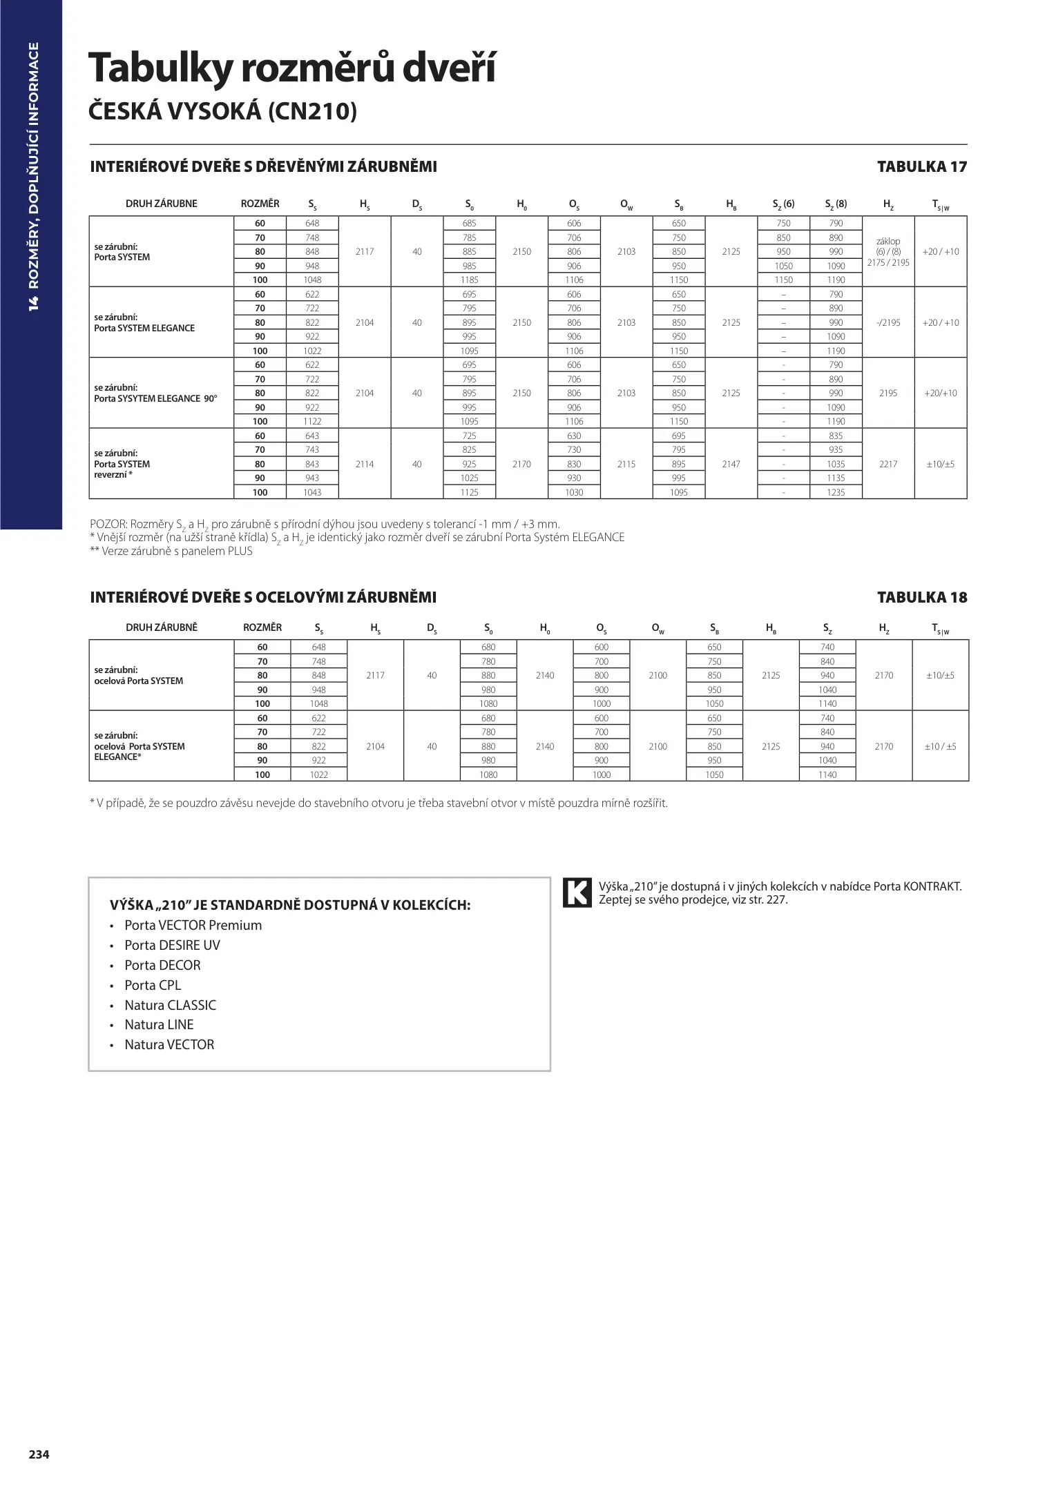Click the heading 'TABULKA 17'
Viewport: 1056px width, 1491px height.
pos(921,166)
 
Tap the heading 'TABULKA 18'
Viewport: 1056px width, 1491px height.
pos(921,597)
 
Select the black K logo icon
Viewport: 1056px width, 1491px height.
pos(577,893)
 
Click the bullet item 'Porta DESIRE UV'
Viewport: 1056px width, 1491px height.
pos(172,945)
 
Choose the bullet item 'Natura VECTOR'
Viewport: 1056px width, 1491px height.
pos(169,1044)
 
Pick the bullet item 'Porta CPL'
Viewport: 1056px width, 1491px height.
pos(153,985)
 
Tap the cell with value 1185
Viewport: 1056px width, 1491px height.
pos(470,280)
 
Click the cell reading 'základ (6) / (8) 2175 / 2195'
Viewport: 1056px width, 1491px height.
pos(888,252)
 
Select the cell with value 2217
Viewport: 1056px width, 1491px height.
pos(888,464)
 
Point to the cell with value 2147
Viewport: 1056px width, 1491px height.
pos(731,464)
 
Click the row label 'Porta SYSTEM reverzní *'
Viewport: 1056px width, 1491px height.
pos(122,464)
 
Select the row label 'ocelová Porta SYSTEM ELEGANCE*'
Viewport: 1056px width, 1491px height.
pos(140,746)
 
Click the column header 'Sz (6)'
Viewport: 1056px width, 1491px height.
pos(783,204)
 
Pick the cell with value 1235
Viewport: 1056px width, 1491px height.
pos(836,492)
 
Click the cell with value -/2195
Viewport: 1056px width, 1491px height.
pos(888,322)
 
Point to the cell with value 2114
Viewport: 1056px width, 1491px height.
pos(365,464)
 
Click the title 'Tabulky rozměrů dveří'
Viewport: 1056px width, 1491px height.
pos(291,69)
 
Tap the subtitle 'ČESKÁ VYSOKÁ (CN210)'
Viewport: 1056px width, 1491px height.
pos(223,111)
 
